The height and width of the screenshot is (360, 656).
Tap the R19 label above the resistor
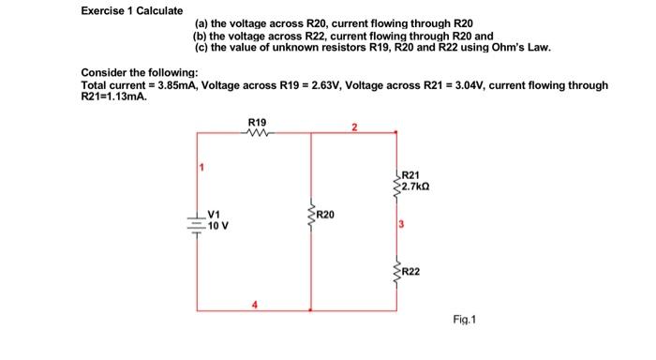[256, 122]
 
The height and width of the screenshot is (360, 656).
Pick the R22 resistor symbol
[396, 272]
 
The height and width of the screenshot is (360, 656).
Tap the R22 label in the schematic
[412, 271]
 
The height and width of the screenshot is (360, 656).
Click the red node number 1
[201, 168]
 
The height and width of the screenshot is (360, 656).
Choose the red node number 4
[252, 302]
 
